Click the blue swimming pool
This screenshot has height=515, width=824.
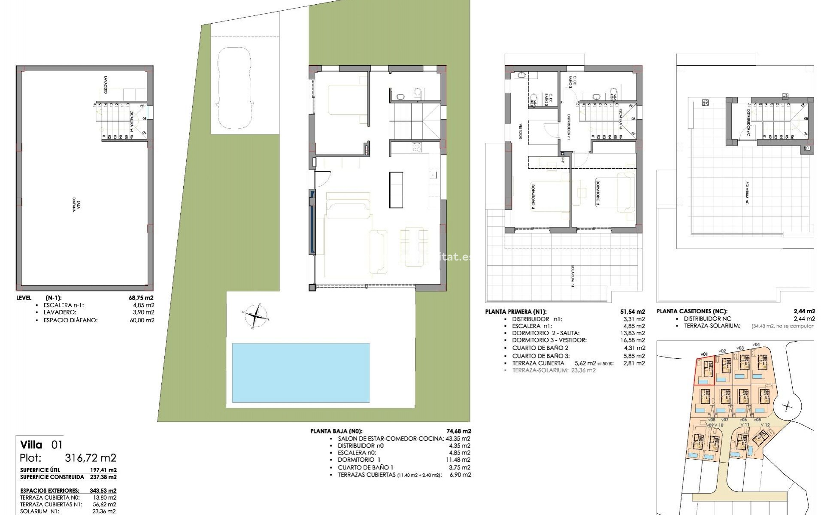coord(300,372)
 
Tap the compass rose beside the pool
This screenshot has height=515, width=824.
coord(255,317)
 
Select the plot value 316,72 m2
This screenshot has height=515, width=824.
coord(90,457)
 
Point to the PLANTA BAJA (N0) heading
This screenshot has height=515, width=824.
coord(336,431)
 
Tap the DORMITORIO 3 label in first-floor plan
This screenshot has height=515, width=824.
coord(533,197)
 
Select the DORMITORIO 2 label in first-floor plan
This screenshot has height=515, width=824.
coord(597,193)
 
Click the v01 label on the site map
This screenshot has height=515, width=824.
coord(704,354)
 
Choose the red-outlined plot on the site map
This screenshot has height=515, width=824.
coord(705,371)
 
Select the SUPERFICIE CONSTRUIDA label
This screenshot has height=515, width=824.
coord(52,477)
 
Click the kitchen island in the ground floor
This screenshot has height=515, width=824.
coord(396,189)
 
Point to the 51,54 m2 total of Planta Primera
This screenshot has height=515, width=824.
coord(634,312)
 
